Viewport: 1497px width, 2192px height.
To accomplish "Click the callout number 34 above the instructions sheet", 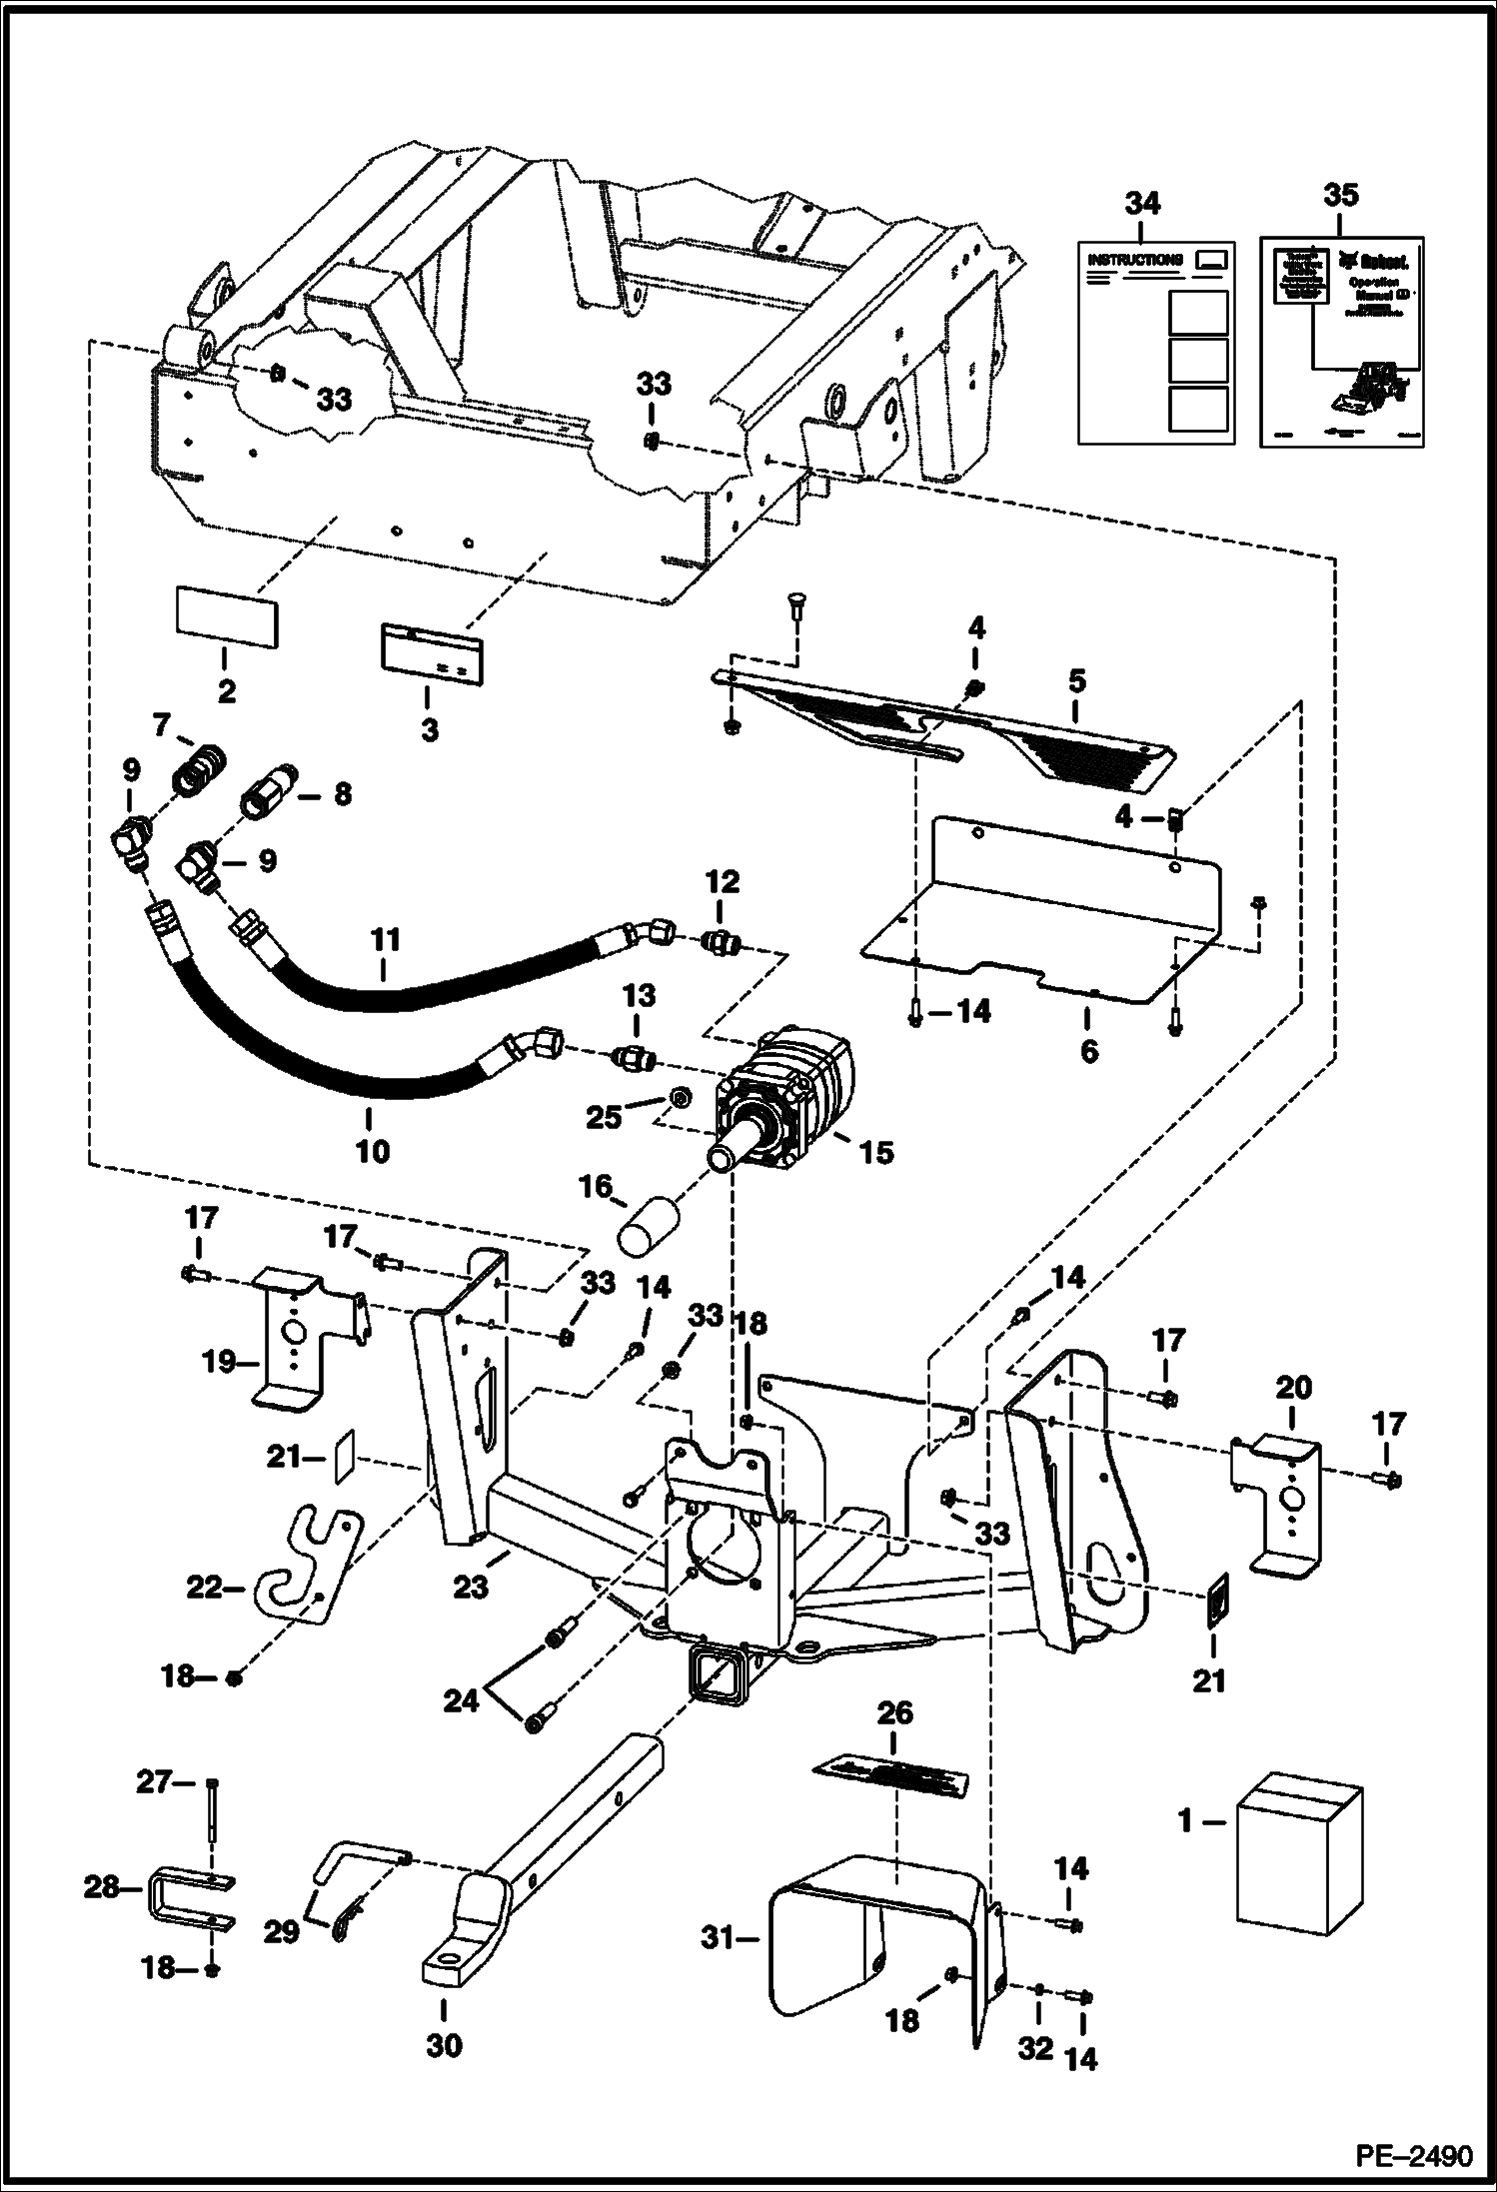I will tap(1142, 204).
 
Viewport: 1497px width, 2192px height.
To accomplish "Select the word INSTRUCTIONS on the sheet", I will tap(1134, 260).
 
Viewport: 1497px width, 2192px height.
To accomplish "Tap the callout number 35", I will tap(1340, 195).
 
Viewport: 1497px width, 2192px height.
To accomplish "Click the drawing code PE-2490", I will tap(1413, 2157).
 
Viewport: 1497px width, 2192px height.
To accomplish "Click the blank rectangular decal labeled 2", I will tap(227, 618).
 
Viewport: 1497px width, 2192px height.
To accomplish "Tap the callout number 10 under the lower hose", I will tap(372, 1152).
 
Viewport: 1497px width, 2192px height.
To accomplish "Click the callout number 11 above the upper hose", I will tap(386, 940).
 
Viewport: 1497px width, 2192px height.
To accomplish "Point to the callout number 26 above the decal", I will tap(894, 1713).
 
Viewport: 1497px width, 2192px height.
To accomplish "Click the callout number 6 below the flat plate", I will tap(1088, 1051).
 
